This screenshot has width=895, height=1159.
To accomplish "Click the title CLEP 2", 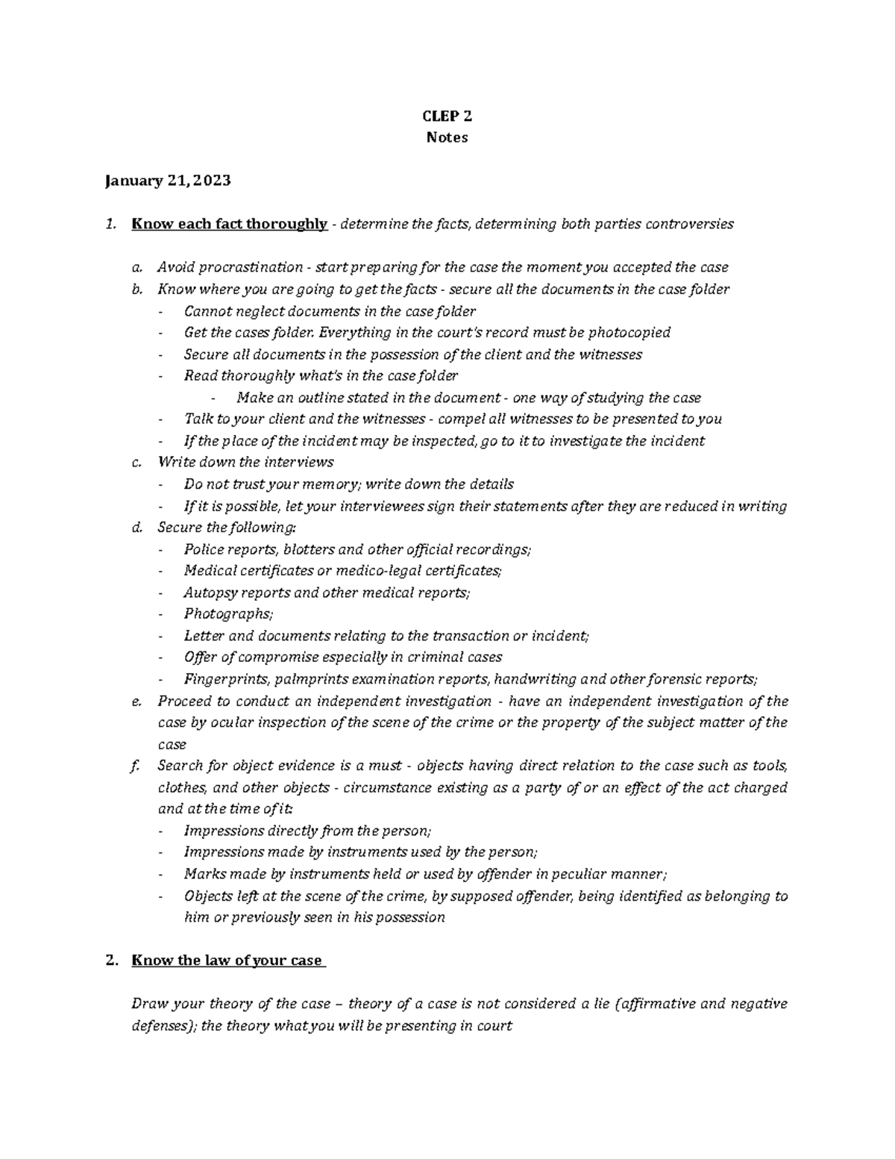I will point(447,116).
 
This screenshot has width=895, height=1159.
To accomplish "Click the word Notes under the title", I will point(447,137).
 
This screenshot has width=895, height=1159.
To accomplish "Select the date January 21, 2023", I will point(168,181).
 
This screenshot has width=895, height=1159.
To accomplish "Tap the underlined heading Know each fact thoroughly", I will point(229,224).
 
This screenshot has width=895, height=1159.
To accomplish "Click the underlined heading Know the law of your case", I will point(227,960).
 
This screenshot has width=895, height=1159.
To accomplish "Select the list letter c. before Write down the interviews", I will point(136,462).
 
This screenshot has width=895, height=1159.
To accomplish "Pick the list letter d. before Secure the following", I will point(136,528).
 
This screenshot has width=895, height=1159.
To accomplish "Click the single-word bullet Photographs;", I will point(228,614).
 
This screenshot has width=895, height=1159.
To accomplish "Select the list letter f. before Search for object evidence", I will point(135,766).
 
